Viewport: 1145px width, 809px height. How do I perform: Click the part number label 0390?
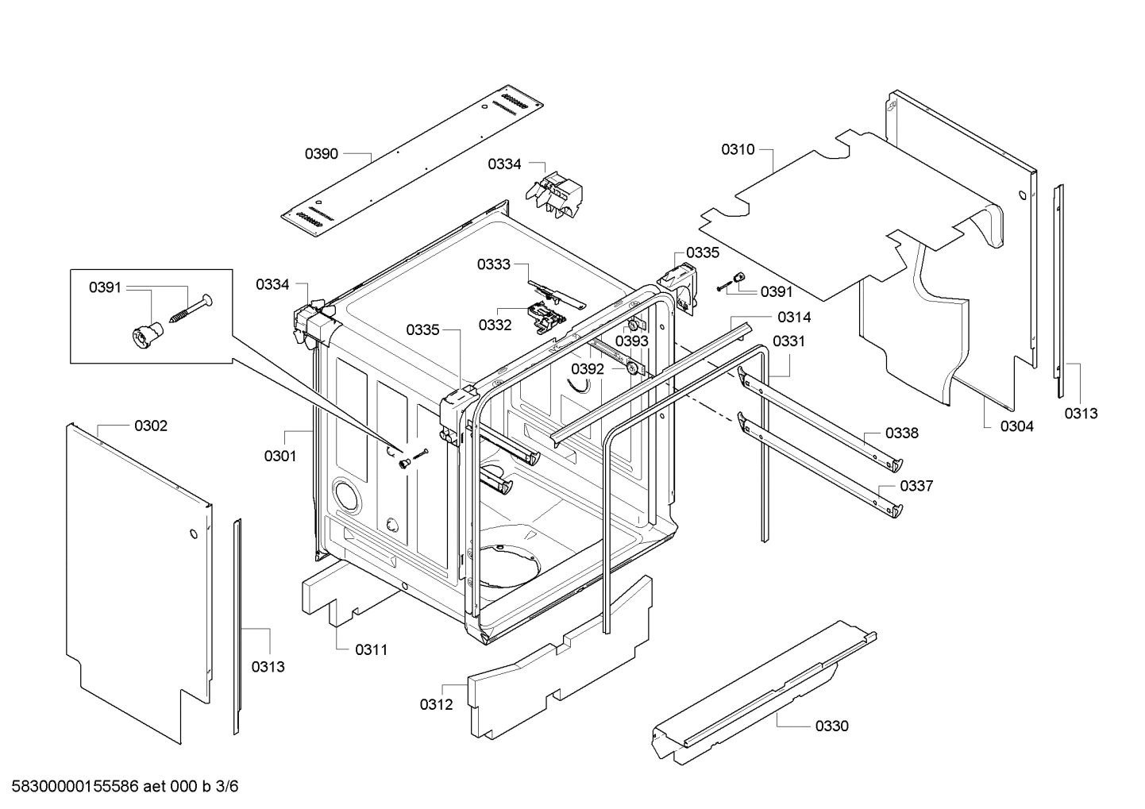[x=322, y=153]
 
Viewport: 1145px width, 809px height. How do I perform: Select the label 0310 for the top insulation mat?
[x=738, y=149]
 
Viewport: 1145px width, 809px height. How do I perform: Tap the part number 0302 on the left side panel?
[x=151, y=426]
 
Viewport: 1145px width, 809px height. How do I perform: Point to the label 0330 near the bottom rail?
[x=831, y=726]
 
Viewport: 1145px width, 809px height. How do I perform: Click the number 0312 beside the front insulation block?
[x=436, y=703]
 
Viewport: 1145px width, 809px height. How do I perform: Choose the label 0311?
[x=371, y=649]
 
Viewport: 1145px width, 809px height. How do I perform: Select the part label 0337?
[x=916, y=486]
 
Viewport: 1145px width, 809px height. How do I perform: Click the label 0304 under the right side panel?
[x=1017, y=426]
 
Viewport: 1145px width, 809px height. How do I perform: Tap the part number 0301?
[x=280, y=456]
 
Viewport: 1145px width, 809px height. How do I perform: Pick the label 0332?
[x=495, y=325]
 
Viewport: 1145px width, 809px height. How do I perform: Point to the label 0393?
[x=632, y=341]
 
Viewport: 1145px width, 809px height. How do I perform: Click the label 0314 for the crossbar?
[x=794, y=318]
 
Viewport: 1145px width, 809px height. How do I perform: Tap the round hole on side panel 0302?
[x=192, y=534]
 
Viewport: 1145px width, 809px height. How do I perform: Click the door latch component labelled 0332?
[x=546, y=318]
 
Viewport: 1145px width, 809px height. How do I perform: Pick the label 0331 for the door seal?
[x=788, y=341]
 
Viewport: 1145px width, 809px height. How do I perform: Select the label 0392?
[x=588, y=369]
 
